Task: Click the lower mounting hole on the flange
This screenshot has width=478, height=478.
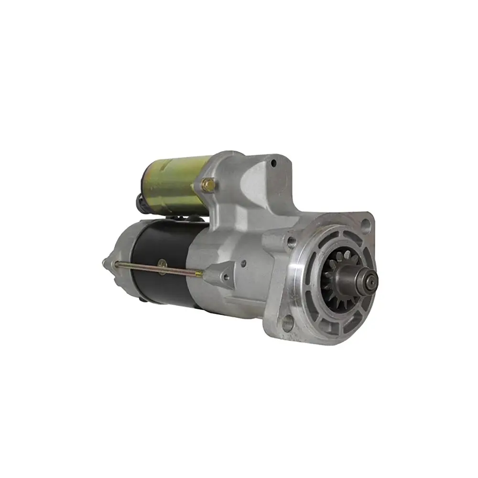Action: click(287, 326)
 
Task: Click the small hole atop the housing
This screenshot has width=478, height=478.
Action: click(273, 164)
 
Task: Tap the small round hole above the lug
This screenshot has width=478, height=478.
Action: click(244, 262)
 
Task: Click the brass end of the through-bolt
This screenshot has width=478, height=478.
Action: click(198, 273)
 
